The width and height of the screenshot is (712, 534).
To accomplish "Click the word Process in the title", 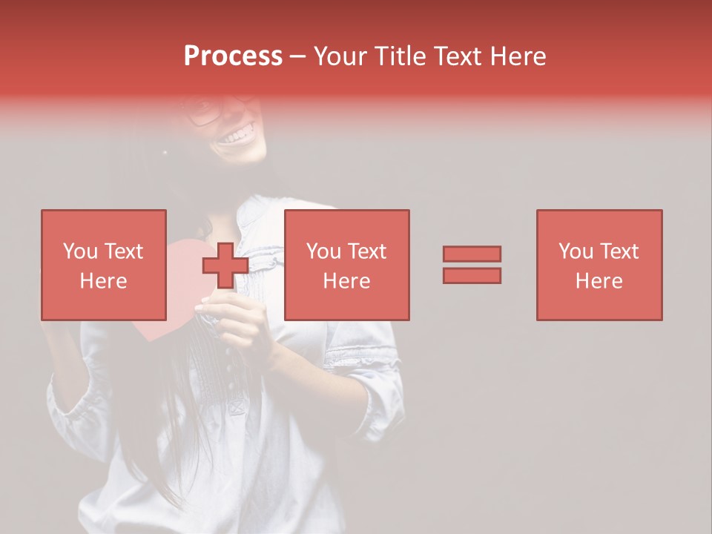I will click(x=233, y=56).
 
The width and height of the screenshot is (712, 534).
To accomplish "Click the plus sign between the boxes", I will click(x=225, y=265).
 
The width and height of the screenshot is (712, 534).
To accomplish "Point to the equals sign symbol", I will click(x=472, y=265).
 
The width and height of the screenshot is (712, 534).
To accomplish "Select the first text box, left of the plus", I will click(x=104, y=265).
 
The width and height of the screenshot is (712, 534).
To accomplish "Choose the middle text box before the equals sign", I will click(x=347, y=265).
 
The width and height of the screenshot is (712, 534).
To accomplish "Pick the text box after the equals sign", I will click(x=599, y=265).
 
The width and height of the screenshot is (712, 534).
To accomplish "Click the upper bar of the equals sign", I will click(x=472, y=254).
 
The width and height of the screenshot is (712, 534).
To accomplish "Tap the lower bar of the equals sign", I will click(x=472, y=276).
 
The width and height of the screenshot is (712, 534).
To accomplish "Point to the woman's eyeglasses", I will click(x=205, y=111).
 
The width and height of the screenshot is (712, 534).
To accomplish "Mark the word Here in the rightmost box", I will click(x=599, y=281).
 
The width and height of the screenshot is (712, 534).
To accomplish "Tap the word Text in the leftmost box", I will click(x=124, y=251).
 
